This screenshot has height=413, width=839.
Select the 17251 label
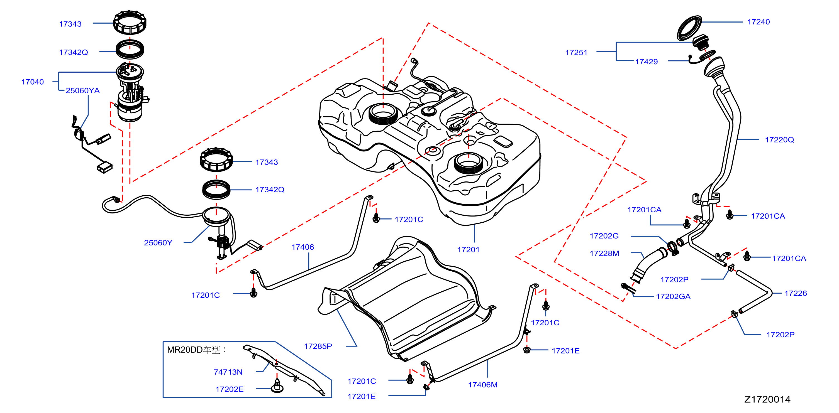(576, 52)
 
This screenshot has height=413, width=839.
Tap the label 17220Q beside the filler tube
(779, 140)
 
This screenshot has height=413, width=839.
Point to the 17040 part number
(33, 82)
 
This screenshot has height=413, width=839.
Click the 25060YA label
(83, 90)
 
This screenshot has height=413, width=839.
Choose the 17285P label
(318, 346)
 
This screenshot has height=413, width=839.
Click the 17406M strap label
(483, 385)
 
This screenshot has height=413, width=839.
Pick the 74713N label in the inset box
(228, 372)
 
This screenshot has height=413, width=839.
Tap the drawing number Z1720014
(767, 399)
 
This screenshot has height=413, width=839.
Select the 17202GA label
(673, 296)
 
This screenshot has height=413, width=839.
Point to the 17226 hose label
(796, 293)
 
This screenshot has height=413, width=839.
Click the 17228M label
(604, 253)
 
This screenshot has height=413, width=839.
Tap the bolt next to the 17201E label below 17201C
(526, 350)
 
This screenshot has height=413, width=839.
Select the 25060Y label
(158, 242)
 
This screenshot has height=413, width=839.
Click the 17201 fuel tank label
(468, 250)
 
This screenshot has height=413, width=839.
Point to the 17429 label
(646, 62)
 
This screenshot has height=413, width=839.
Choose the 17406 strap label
(303, 247)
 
